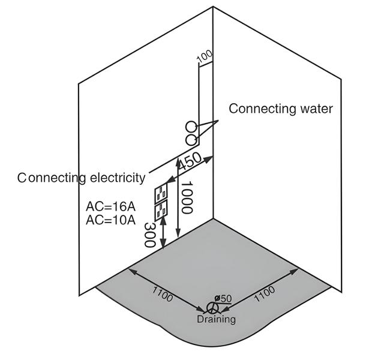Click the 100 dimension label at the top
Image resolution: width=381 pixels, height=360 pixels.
point(205,56)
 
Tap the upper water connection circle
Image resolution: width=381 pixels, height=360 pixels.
point(190,127)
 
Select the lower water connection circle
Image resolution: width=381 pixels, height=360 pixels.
point(191,140)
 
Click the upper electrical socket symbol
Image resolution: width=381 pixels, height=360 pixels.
point(162,194)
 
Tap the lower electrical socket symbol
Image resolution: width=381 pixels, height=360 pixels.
point(162,211)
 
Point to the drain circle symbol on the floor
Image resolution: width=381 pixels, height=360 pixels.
point(212,307)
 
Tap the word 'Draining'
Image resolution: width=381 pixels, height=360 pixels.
point(216,319)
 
